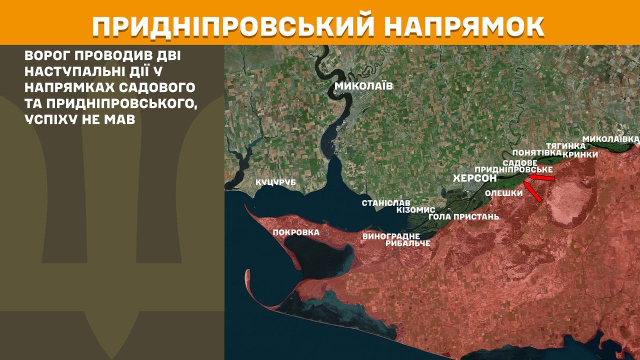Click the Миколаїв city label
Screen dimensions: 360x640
363,86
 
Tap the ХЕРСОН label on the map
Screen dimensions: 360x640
474,178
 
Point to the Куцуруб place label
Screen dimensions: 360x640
275,183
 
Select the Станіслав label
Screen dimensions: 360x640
386,203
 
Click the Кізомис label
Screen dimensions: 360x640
415,210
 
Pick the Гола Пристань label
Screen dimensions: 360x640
464,217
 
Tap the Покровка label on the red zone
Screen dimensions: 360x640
296,232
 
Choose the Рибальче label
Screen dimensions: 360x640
408,243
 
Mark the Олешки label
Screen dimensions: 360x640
504,193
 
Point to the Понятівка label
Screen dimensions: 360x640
533,152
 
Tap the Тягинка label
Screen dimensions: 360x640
565,145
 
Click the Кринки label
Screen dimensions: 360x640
580,154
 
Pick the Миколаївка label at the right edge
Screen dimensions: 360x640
611,138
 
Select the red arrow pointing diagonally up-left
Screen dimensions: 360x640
533,193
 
